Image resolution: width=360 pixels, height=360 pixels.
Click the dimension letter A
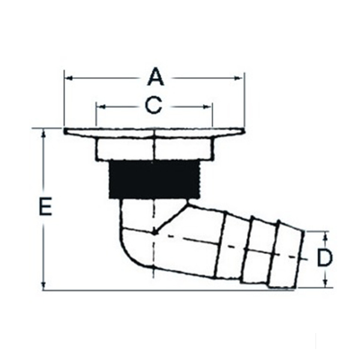pos(155,77)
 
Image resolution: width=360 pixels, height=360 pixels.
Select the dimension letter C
pos(154,106)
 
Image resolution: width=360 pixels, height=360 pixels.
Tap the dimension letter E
pos(46,206)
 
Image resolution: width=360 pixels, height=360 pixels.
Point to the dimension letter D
pos(325,257)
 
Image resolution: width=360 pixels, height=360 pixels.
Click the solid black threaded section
pos(154,180)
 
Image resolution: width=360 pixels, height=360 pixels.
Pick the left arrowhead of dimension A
pos(68,78)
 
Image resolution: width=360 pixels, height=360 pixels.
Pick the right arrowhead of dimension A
pos(238,78)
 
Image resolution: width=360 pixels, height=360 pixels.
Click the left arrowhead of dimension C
pos(101,107)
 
